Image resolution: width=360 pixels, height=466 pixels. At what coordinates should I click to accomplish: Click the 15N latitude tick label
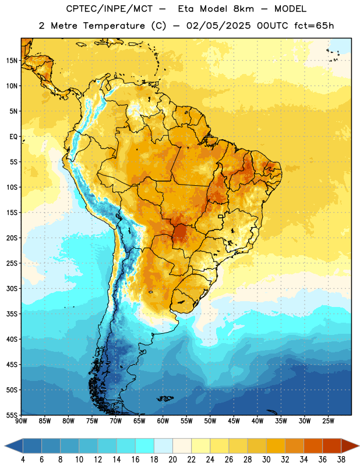coord(12,61)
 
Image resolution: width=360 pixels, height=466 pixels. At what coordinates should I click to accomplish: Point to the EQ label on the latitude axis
coord(13,137)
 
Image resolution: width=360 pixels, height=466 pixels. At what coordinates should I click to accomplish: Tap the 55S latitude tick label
coord(12,415)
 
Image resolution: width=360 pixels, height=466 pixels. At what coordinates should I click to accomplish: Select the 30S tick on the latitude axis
coord(12,288)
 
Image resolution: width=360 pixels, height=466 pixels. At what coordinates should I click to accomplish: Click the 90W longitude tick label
coord(21,421)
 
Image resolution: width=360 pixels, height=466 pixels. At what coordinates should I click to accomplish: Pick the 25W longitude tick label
coord(328,421)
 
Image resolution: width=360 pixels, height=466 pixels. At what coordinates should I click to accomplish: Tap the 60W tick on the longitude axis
coord(163,421)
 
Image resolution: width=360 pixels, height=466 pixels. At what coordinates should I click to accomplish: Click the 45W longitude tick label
coord(234,421)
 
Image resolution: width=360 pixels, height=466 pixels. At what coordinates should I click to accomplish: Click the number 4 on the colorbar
coord(23,460)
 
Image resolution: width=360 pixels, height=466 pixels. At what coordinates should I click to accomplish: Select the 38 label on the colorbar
coord(341,460)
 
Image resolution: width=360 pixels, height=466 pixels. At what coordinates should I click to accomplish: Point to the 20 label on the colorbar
coord(172,460)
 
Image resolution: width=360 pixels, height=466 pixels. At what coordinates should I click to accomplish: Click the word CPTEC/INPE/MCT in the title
coord(109,9)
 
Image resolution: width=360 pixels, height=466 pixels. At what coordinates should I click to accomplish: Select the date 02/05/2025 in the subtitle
coord(218,26)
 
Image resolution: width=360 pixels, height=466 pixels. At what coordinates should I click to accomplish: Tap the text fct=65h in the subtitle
coord(314,26)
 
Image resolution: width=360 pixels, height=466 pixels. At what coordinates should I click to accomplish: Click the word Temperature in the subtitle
coord(114,26)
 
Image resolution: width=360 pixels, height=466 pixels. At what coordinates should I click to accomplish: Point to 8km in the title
coord(243,9)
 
